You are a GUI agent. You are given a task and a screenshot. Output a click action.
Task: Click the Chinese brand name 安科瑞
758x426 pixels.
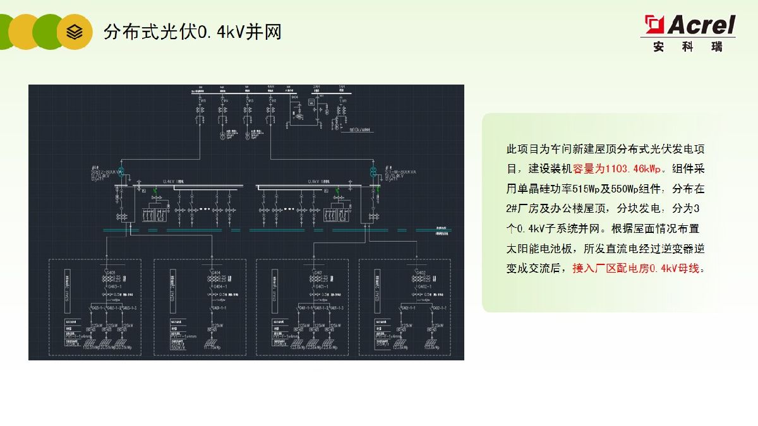(688, 46)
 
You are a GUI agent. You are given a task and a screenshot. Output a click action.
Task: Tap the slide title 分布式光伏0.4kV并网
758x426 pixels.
(192, 32)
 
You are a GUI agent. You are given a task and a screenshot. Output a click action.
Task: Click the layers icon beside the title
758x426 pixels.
(75, 32)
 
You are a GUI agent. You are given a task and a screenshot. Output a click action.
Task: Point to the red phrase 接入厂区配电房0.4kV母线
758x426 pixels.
(635, 268)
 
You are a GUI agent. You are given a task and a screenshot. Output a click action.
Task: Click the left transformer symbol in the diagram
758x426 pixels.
(119, 171)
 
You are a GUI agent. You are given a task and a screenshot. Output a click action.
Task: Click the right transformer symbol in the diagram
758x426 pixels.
(374, 172)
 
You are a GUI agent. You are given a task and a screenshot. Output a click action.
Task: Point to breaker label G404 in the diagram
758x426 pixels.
(215, 273)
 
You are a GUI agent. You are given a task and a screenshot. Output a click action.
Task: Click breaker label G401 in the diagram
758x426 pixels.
(317, 273)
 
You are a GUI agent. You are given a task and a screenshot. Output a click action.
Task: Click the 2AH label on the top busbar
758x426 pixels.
(316, 86)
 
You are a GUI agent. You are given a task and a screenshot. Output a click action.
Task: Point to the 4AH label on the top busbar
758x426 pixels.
(270, 86)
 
